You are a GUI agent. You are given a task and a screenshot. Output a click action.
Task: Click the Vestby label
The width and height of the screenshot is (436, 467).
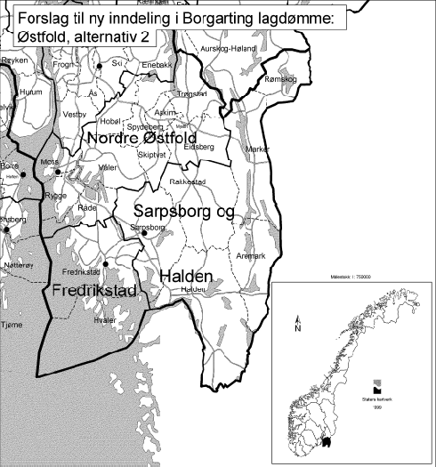pyautogui.click(x=75, y=114)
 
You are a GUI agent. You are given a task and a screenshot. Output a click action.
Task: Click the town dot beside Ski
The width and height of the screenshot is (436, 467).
pyautogui.click(x=100, y=67)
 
